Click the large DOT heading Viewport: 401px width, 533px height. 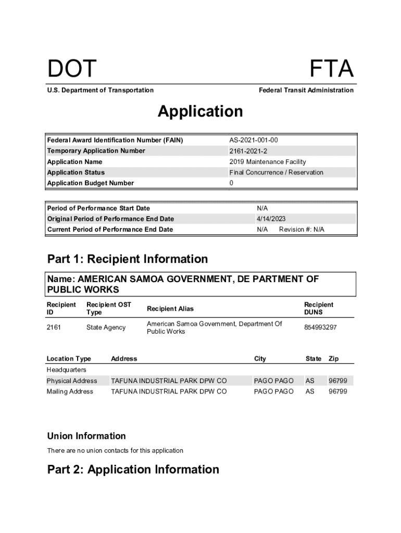point(72,69)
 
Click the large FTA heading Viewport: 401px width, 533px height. point(332,69)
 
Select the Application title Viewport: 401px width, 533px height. point(200,111)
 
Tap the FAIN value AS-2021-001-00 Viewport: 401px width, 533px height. point(257,140)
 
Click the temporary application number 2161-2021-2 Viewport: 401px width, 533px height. point(248,151)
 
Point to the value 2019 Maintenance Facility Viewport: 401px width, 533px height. point(268,162)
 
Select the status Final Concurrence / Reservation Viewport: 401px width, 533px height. point(276,172)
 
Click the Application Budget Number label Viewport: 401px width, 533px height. point(91,183)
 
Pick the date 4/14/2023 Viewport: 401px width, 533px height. point(271,219)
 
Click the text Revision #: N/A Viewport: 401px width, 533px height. point(302,230)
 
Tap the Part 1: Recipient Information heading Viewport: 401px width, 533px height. point(128,259)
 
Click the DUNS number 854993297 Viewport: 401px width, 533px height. point(320,327)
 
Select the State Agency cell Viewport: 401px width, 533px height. point(106,327)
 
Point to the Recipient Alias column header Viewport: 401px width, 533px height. point(170,309)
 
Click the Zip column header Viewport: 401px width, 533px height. point(333,359)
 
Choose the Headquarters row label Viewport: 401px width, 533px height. point(67,370)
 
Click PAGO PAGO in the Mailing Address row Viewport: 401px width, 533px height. point(273,391)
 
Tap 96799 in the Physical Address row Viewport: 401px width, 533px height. point(337,380)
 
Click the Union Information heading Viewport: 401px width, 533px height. point(86,436)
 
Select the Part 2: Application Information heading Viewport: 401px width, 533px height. point(133,469)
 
